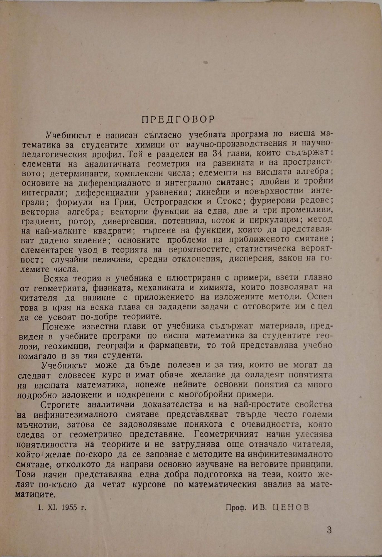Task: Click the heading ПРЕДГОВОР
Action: coord(178,119)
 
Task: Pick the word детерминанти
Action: coord(77,173)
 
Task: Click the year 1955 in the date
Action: coord(67,507)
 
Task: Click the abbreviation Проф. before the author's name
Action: coord(236,507)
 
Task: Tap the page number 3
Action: coord(329,530)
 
